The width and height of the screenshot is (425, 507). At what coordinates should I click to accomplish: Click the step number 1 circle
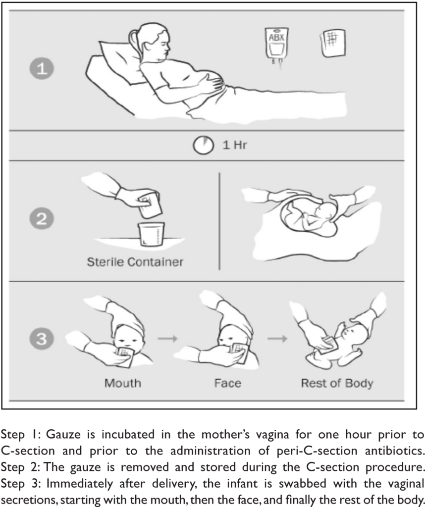point(42,68)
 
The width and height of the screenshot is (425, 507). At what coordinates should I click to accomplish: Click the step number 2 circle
point(42,218)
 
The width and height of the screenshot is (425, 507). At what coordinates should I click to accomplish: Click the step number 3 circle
point(42,339)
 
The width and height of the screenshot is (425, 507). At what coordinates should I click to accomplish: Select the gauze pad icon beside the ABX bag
point(333,44)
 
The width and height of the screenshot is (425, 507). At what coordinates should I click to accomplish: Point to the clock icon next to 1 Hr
point(204,145)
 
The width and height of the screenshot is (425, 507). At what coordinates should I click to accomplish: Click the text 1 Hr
point(234,145)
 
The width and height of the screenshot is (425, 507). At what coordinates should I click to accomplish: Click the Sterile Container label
point(135,261)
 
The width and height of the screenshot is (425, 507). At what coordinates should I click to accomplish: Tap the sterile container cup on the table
point(151,234)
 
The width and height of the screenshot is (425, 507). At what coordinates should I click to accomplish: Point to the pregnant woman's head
point(152,42)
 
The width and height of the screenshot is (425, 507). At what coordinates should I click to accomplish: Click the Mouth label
point(123,383)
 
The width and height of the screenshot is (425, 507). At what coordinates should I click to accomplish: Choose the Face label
point(228,383)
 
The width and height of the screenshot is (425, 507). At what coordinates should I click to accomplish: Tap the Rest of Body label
point(337,384)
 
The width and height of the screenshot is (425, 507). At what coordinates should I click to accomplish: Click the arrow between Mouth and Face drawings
point(167,339)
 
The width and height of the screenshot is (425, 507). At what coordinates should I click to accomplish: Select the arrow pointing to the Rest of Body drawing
point(277,339)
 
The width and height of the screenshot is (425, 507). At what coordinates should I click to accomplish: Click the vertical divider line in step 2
point(219,221)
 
